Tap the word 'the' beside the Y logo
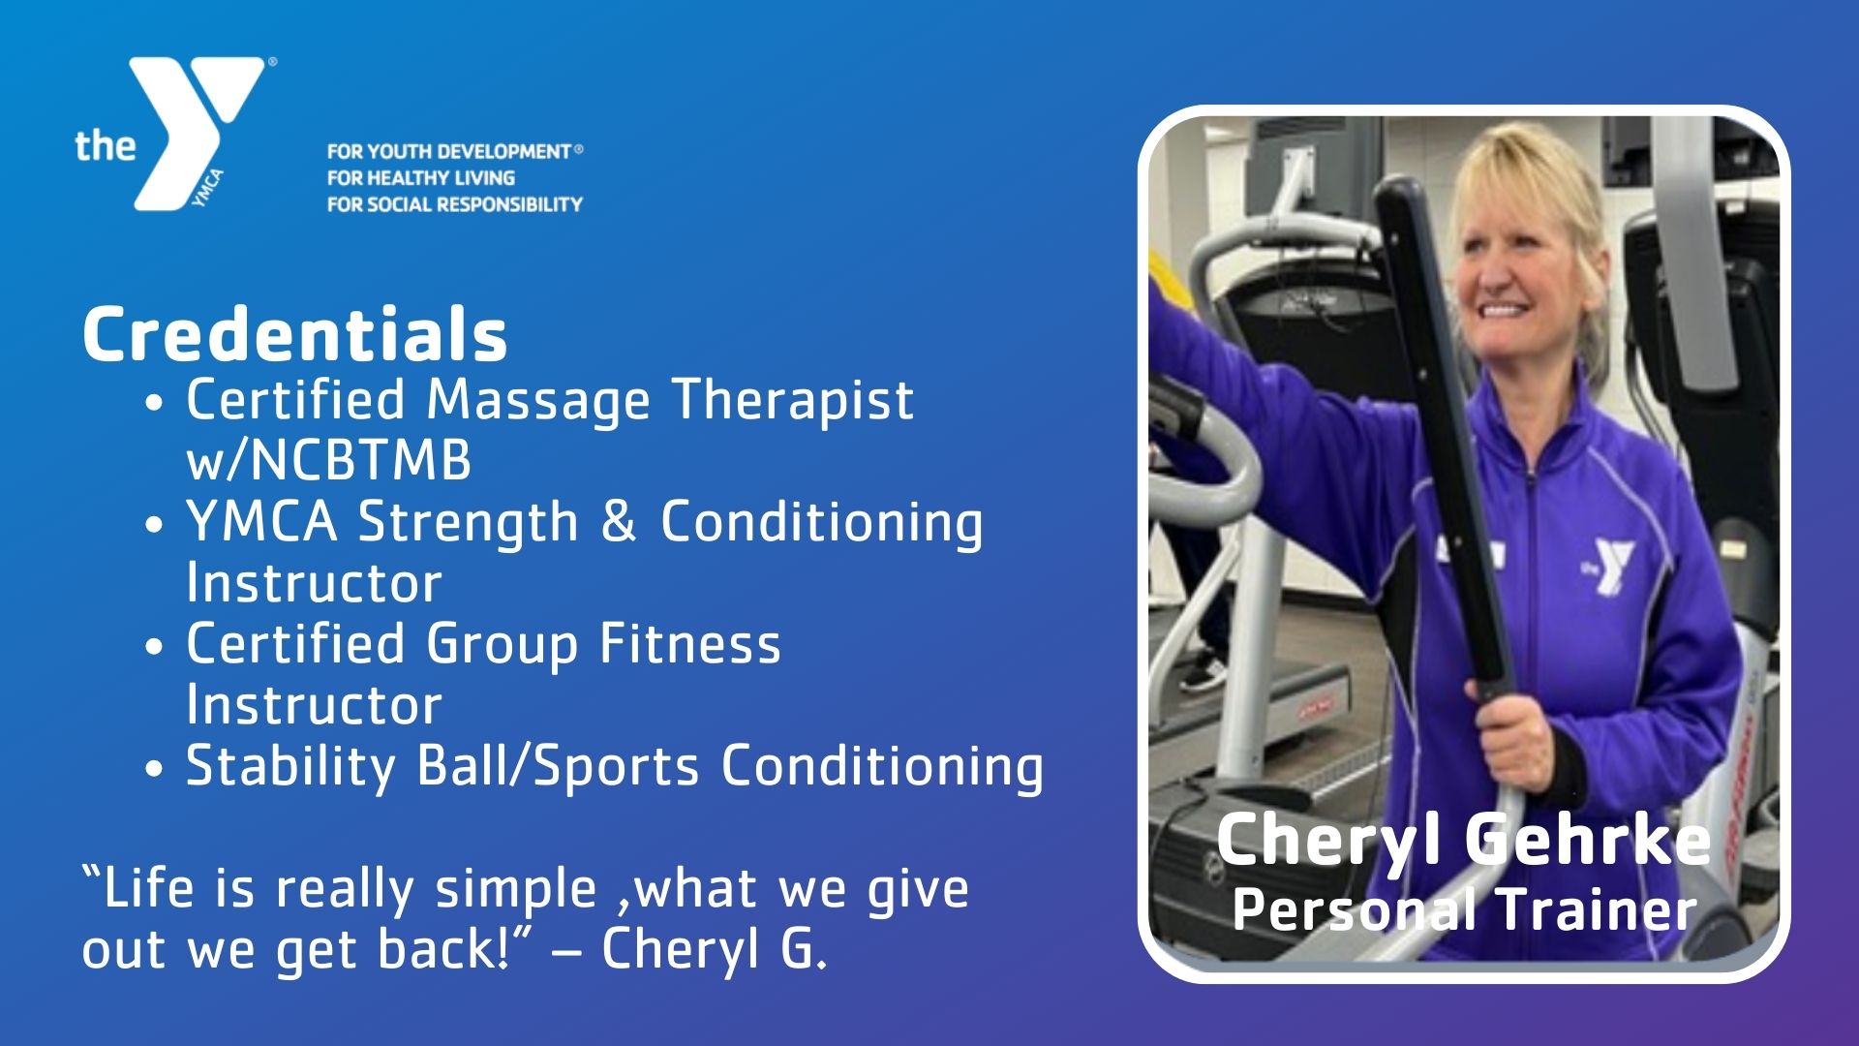[x=106, y=145]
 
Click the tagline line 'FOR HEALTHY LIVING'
[x=421, y=178]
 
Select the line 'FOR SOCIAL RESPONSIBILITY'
[x=455, y=204]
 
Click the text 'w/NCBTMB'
[x=328, y=462]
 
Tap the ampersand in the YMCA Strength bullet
[x=618, y=522]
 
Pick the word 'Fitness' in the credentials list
[x=689, y=644]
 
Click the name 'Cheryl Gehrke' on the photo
[x=1463, y=839]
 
